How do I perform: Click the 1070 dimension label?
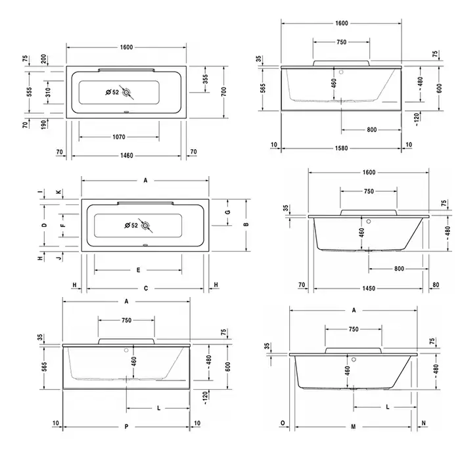[x=119, y=137]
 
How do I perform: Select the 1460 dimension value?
[x=127, y=156]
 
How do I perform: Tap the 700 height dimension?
[x=224, y=91]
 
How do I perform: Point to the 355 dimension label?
[x=205, y=79]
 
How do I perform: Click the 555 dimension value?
[x=29, y=91]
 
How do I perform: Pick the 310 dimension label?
[x=48, y=92]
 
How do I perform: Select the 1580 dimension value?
[x=342, y=148]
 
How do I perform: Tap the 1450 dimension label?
[x=369, y=288]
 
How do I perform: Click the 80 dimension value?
[x=436, y=285]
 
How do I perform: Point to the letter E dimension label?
[x=138, y=270]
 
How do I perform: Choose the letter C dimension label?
[x=146, y=288]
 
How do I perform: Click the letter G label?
[x=228, y=212]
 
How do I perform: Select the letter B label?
[x=246, y=225]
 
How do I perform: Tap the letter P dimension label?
[x=126, y=426]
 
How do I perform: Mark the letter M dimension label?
[x=354, y=426]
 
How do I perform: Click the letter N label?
[x=423, y=423]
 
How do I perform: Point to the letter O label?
[x=283, y=423]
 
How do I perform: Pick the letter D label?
[x=44, y=225]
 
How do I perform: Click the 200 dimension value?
[x=43, y=59]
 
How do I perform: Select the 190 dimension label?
[x=43, y=124]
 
